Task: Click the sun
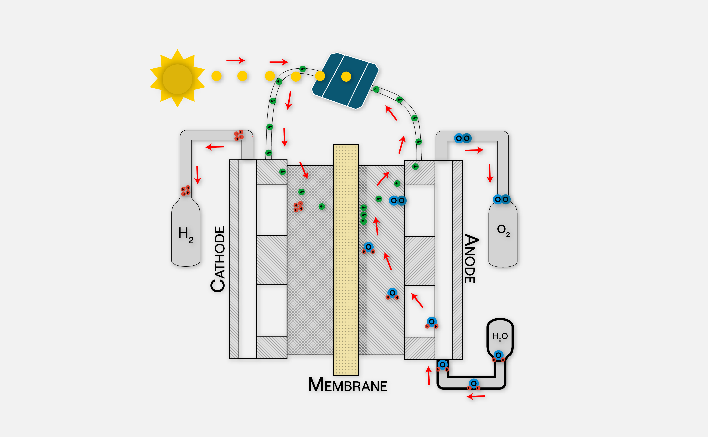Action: click(177, 79)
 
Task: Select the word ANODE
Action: click(471, 259)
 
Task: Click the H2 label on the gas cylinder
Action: click(186, 235)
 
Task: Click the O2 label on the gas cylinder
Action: click(503, 230)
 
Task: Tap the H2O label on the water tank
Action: click(500, 337)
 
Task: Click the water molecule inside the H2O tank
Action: click(498, 356)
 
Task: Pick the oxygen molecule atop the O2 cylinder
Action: click(502, 199)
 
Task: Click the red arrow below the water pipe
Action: click(476, 396)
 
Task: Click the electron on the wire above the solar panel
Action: click(302, 69)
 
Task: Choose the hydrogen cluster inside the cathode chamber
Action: click(298, 207)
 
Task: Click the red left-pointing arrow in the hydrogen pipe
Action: click(215, 147)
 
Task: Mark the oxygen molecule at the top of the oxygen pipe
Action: click(463, 138)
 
